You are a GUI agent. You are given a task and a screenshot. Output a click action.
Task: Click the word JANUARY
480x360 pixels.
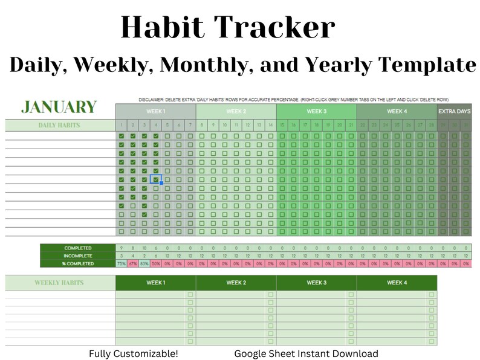59,107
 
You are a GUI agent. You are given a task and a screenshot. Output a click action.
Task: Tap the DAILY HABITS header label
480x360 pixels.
59,126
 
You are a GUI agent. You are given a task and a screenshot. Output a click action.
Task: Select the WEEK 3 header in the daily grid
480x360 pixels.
316,111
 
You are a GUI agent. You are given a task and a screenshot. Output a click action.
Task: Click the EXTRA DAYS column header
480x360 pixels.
454,111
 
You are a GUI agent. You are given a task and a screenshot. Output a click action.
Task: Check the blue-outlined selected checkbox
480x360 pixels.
155,179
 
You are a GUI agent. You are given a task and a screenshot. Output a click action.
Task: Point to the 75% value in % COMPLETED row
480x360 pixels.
122,264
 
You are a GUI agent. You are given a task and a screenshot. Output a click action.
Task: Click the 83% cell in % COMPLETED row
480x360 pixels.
144,264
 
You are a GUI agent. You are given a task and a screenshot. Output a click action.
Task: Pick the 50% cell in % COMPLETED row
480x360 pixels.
155,264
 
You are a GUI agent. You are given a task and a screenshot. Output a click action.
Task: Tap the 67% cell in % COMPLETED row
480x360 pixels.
133,264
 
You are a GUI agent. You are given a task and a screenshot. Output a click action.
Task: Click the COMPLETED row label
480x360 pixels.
78,248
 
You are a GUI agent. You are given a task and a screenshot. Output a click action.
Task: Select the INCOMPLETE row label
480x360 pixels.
78,256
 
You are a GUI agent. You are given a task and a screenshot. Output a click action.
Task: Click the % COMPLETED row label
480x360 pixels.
78,264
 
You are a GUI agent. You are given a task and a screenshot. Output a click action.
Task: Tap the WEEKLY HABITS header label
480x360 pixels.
59,283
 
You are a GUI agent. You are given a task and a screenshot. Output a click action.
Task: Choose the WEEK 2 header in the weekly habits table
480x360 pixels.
236,283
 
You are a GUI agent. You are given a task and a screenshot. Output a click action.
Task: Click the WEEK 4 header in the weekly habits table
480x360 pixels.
397,283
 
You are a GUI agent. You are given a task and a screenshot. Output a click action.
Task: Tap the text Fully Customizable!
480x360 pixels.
134,353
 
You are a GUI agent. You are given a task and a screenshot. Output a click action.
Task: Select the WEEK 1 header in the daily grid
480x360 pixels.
155,111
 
